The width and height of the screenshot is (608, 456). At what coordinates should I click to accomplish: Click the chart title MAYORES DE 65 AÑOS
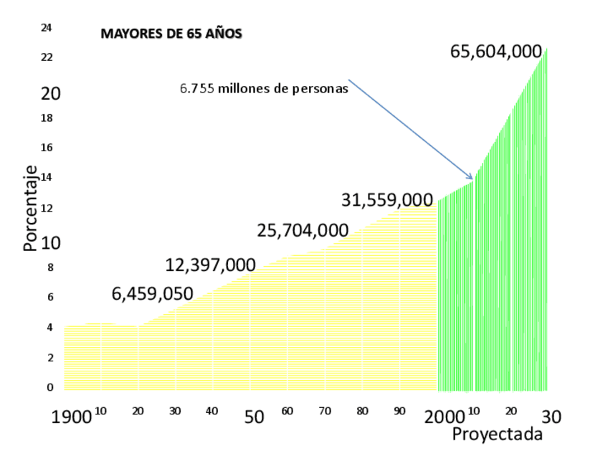point(171,33)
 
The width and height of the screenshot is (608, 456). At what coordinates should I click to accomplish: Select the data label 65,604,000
point(495,52)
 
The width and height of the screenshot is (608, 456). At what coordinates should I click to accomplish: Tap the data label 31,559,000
point(387,200)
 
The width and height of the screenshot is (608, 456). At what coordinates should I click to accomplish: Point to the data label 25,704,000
point(303,230)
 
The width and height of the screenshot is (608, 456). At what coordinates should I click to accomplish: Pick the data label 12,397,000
point(210,265)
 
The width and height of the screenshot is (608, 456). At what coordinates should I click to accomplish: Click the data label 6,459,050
point(152,293)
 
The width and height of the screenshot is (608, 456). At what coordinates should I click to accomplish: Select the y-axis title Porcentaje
point(29,209)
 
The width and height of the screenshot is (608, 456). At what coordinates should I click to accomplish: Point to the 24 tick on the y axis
point(47,28)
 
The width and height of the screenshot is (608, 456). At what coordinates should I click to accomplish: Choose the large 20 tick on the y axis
point(50,94)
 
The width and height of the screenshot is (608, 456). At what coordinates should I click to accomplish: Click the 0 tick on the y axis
point(50,388)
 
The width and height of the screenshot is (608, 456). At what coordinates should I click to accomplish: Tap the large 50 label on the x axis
point(254,417)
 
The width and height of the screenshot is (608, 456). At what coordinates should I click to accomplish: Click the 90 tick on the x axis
point(400,412)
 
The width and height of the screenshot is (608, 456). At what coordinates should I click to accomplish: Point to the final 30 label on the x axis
point(550,416)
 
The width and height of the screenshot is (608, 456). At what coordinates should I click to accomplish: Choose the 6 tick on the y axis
point(50,297)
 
